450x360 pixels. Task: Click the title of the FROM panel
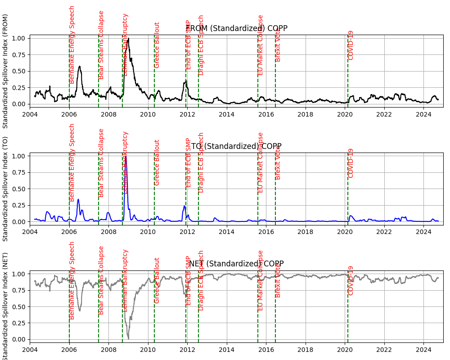click(237, 28)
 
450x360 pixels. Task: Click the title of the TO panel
click(237, 146)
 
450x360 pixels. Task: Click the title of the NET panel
click(237, 264)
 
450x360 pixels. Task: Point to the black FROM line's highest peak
click(128, 39)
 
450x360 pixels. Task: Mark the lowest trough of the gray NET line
click(128, 339)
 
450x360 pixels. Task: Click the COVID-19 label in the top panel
click(351, 45)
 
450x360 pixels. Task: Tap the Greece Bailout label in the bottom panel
click(157, 280)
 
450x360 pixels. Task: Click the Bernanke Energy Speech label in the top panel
click(72, 45)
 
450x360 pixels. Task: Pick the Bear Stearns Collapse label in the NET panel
click(101, 280)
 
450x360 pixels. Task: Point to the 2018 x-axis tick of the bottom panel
click(306, 349)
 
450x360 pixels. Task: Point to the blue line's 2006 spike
click(78, 199)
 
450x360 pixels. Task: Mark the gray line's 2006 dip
click(80, 310)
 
